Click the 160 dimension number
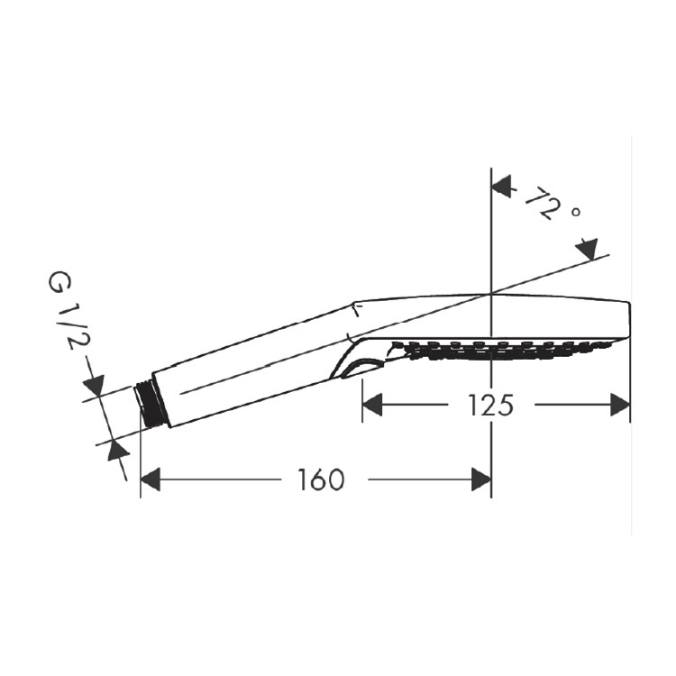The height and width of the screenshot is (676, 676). (322, 480)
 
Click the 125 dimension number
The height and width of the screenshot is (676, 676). (490, 406)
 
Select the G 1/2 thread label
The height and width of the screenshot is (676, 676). (66, 309)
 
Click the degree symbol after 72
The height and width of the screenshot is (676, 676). (576, 212)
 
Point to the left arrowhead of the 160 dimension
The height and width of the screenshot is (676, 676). (151, 479)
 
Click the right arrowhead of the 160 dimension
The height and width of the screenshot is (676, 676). (481, 479)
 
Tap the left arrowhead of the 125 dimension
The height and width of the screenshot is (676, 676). (372, 405)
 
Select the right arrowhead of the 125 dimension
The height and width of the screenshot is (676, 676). (620, 405)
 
